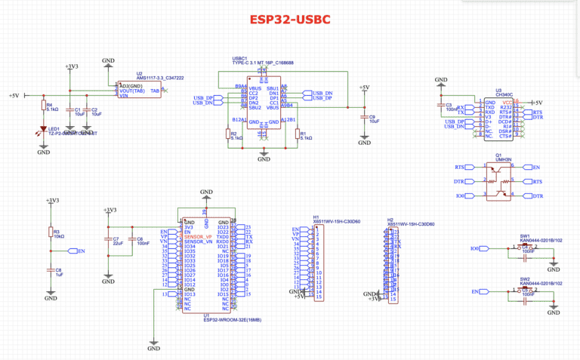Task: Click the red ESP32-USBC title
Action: point(289,19)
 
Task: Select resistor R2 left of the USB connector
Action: point(228,135)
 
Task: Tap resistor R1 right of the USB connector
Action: point(298,135)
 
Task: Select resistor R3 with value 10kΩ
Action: point(51,232)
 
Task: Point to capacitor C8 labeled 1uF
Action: point(51,269)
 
